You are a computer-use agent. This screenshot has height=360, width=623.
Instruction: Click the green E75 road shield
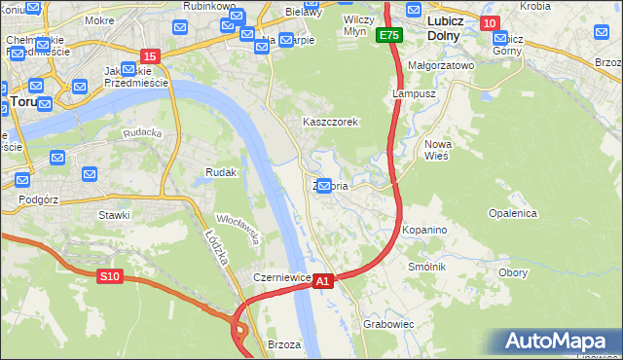coord(389,35)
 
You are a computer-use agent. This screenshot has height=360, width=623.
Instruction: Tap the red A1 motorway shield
coord(324,280)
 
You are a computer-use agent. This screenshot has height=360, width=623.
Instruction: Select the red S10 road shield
coord(110,276)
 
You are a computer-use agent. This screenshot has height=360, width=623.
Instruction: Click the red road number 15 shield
coord(150,57)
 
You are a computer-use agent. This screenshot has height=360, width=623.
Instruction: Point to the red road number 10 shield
coord(489,23)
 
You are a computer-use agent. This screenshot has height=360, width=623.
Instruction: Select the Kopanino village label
coord(424,230)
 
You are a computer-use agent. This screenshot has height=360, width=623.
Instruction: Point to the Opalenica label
coord(513,212)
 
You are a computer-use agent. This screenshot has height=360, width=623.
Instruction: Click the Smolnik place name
coord(427,267)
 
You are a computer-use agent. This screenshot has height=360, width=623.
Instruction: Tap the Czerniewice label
coord(281,277)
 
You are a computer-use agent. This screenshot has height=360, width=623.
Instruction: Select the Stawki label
coord(114,214)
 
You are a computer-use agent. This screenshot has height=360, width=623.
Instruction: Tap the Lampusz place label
coord(411,94)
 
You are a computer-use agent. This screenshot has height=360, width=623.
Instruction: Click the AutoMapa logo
coord(560,342)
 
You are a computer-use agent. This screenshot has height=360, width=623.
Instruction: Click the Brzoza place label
coord(283,344)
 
